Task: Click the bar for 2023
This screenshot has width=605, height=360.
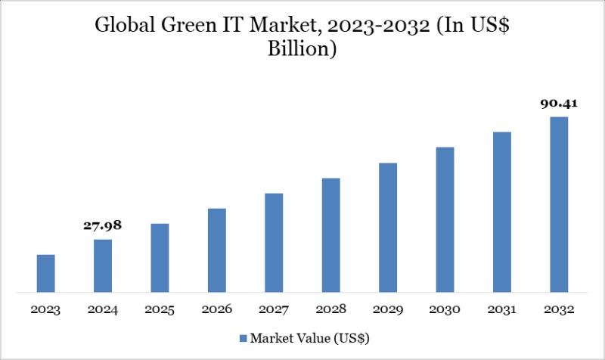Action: point(46,273)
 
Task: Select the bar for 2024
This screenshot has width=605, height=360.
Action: point(103,265)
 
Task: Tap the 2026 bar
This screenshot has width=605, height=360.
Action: point(217,250)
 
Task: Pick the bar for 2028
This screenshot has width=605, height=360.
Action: point(330,234)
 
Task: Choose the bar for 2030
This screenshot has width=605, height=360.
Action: point(445,219)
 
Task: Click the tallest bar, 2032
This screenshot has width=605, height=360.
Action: point(559,204)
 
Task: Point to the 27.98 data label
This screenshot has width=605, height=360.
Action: point(103,225)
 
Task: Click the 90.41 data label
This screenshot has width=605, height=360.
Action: point(559,104)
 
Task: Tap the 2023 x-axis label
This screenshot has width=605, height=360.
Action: point(46,310)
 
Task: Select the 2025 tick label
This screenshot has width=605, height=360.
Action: point(160,310)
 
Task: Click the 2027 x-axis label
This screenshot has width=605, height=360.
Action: point(274,310)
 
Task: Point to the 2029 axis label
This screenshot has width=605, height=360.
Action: point(388,310)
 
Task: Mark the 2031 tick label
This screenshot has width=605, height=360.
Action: point(502,310)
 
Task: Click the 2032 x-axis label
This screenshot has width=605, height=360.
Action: point(559,310)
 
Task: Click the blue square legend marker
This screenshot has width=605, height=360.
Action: point(243,337)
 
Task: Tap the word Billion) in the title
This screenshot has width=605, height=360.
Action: point(302,50)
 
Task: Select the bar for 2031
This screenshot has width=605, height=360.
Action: point(502,212)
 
